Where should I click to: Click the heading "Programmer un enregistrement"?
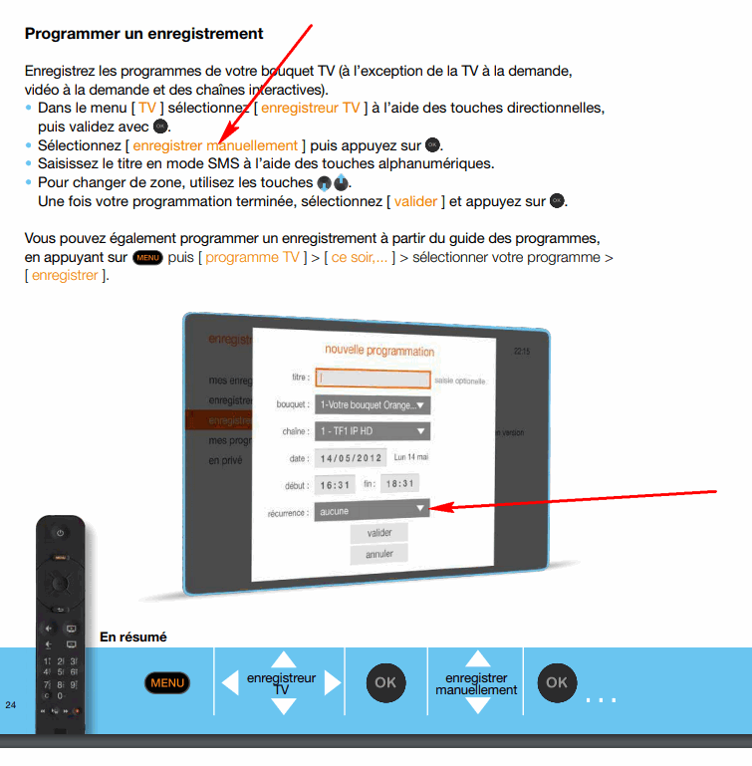[143, 34]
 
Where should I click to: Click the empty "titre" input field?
[373, 379]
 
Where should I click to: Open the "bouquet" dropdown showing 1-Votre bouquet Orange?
[372, 405]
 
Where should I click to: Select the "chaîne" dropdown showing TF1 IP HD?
[372, 431]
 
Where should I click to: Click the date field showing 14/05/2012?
[350, 459]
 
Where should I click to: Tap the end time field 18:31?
[400, 484]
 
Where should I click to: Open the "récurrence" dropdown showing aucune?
[372, 510]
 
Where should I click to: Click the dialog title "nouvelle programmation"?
[379, 352]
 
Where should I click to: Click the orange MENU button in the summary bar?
[167, 682]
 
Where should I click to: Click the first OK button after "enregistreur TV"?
[384, 682]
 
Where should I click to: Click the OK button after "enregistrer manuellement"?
[557, 682]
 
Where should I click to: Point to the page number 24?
[11, 705]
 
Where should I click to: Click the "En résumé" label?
[133, 637]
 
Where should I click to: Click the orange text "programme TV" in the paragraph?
[253, 257]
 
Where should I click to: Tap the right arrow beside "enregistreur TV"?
[333, 682]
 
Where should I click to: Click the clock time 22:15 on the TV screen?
[522, 352]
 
